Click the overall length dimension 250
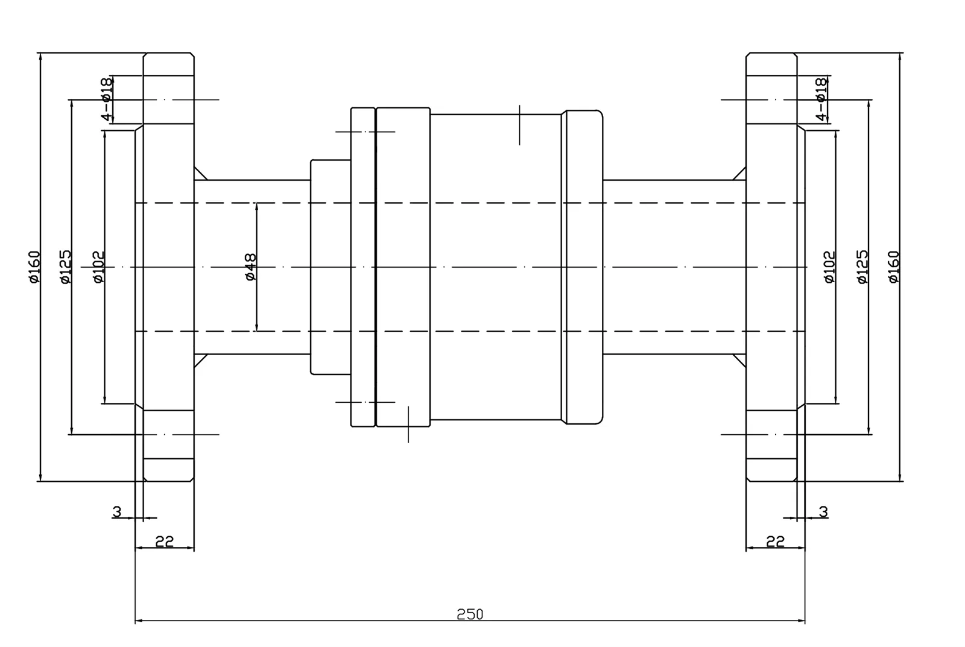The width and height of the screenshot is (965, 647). (470, 614)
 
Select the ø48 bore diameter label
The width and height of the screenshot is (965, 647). (251, 267)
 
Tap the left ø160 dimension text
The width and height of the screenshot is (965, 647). (34, 267)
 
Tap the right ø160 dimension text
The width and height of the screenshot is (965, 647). (894, 267)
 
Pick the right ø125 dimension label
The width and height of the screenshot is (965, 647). (862, 267)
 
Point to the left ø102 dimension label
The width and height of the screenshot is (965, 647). (98, 267)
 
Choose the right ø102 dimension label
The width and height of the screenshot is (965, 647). (829, 267)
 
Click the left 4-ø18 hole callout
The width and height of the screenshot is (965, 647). (107, 99)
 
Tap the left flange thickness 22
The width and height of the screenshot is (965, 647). (164, 541)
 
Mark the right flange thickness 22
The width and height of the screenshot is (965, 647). (775, 541)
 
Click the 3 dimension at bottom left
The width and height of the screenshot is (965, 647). (117, 511)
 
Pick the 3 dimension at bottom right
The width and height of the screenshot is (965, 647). (823, 511)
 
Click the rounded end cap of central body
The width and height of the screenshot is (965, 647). (583, 267)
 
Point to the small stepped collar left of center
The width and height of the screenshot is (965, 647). (331, 267)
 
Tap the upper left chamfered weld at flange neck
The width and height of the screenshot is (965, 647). (201, 173)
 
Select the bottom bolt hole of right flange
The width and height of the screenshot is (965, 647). (771, 434)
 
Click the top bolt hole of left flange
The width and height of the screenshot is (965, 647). (169, 99)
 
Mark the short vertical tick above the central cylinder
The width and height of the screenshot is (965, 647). (520, 125)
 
